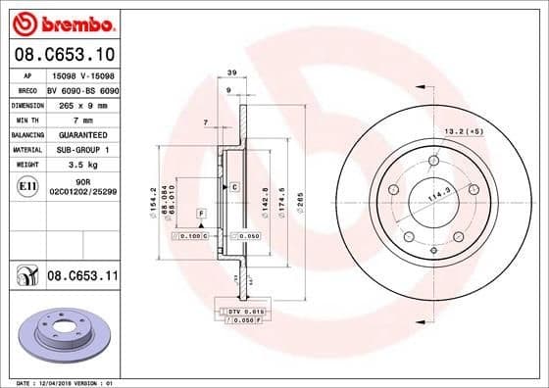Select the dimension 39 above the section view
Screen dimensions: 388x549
[232, 74]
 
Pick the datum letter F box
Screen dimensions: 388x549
[201, 213]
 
